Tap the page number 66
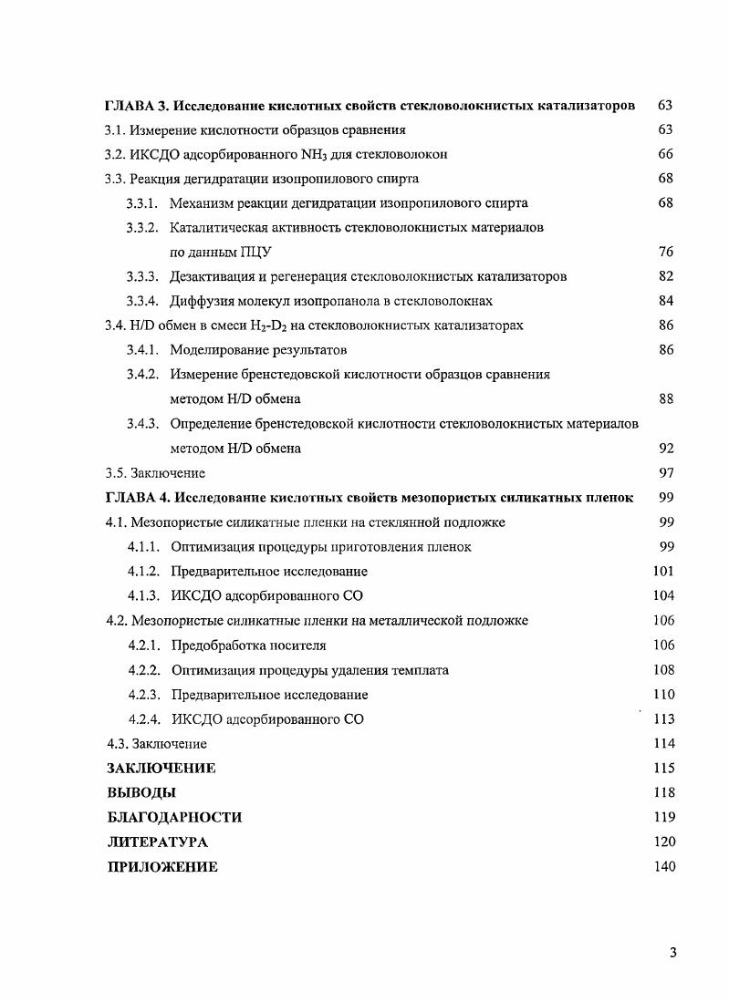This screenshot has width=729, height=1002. (x=665, y=154)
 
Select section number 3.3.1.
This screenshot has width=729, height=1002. (x=143, y=203)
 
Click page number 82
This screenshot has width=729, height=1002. (x=665, y=276)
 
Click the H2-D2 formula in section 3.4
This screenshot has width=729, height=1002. (x=266, y=325)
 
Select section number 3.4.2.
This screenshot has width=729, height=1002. (x=143, y=375)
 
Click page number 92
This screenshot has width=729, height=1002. (x=665, y=449)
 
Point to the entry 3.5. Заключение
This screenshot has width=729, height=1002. (x=155, y=473)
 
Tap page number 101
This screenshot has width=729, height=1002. (x=663, y=572)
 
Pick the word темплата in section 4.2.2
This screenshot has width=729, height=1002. (x=419, y=670)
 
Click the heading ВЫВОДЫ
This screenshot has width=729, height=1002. (x=141, y=793)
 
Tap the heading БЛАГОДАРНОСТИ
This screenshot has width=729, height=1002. (x=174, y=818)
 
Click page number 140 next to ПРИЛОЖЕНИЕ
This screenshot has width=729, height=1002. (x=663, y=867)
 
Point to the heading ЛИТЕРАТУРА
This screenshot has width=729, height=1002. (x=157, y=842)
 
